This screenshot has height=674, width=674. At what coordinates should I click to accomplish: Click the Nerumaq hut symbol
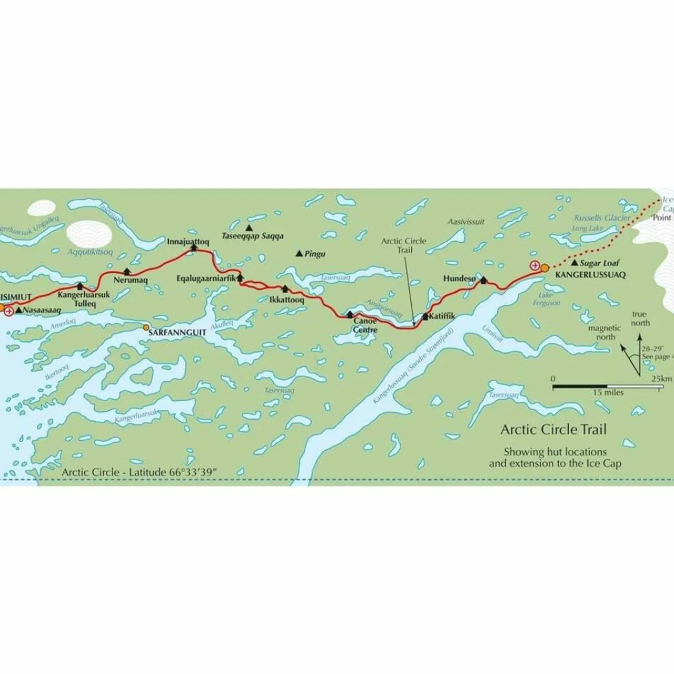point(126,271)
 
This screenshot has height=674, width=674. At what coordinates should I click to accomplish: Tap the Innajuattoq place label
point(188,242)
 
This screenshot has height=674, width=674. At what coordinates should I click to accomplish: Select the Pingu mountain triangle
point(300,254)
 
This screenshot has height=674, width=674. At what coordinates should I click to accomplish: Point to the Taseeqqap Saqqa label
point(252,236)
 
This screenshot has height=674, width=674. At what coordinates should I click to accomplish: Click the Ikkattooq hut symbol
point(285,289)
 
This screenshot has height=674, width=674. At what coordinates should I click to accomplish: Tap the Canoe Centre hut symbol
point(350,314)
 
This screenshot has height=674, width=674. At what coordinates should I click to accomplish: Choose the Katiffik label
point(442,316)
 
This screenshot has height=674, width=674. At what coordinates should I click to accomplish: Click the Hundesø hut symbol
point(483,280)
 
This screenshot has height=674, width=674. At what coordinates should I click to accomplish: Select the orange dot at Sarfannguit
point(146,327)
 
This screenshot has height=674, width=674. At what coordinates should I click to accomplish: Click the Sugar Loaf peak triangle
point(574,262)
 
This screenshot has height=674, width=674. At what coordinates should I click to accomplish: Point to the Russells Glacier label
point(602,217)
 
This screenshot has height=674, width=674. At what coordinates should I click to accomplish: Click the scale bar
point(607,387)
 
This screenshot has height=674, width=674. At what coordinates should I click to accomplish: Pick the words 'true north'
point(640,319)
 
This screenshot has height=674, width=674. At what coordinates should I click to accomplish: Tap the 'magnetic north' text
point(604,332)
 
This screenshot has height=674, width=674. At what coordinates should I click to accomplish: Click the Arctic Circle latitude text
point(139,472)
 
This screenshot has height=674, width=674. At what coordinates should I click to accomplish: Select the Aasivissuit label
point(466,222)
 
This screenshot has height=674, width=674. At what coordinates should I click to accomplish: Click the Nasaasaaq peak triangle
point(18,310)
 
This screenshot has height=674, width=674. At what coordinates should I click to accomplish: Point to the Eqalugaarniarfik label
point(205,278)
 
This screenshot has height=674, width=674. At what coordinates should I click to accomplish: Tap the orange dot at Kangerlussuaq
point(544,268)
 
